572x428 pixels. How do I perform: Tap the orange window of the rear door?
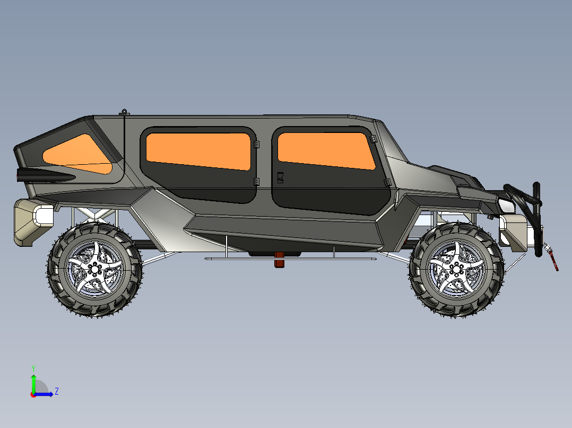(198, 150)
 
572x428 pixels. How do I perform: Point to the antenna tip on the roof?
(124, 111)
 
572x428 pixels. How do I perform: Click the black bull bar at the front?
(531, 204)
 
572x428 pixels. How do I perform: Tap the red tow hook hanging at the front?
(554, 262)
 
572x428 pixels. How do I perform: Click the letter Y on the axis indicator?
(33, 368)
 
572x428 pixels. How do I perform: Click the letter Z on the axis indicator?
(56, 391)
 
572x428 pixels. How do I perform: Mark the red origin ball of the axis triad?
(33, 394)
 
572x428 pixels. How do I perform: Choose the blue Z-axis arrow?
(45, 394)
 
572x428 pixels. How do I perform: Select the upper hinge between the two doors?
(256, 144)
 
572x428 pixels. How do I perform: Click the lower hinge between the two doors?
(256, 182)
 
